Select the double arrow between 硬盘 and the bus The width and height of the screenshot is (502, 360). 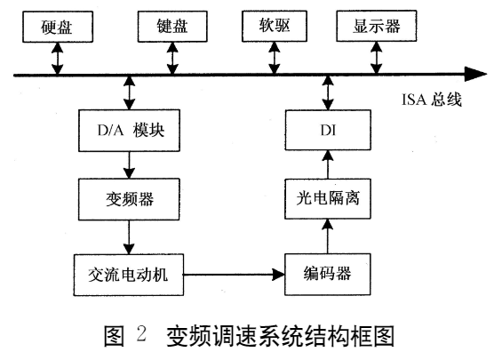57,57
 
